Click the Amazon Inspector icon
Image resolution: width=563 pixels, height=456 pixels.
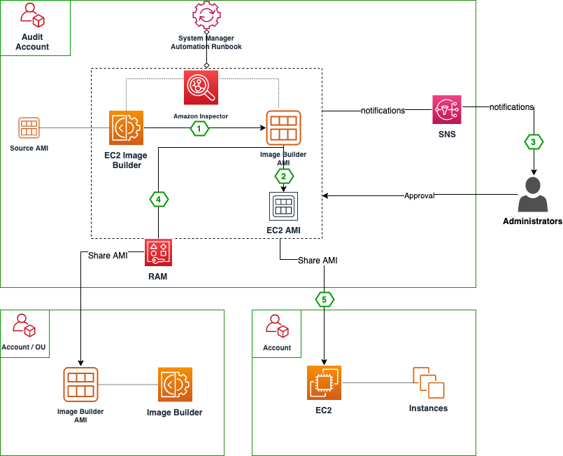tap(201, 88)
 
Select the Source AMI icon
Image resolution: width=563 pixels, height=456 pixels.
tap(29, 128)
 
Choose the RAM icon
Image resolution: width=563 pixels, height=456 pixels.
tap(158, 252)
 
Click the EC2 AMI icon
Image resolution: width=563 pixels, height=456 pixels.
tap(283, 206)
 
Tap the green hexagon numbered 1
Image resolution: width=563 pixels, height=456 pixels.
tap(200, 128)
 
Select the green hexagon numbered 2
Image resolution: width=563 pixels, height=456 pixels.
tap(283, 175)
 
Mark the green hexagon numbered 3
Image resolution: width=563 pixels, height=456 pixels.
tap(534, 141)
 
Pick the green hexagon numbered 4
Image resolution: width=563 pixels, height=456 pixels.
tap(159, 200)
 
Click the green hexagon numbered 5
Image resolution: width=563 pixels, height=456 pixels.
tap(324, 299)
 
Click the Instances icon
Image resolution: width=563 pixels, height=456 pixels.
tap(428, 383)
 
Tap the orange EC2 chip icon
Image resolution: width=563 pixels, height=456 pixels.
tap(324, 383)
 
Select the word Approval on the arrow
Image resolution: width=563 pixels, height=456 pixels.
tap(420, 196)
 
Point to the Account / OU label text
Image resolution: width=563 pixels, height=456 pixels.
tap(25, 347)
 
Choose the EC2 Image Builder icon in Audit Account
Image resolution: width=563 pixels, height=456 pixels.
tap(126, 127)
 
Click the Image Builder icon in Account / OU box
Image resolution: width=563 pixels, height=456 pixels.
tap(175, 385)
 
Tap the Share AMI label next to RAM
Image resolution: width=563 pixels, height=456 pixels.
tap(108, 256)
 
